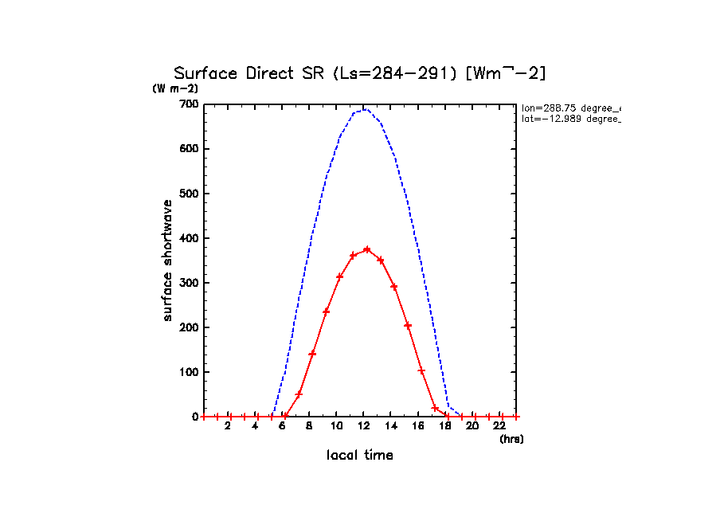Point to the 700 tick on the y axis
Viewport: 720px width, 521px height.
(189, 104)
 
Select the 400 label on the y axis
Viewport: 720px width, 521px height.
(189, 238)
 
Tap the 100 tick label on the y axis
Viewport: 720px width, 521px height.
(189, 372)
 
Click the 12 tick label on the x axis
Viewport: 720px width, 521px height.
(363, 426)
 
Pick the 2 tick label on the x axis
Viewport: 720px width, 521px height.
(228, 426)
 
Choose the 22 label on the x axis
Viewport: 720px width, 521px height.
(499, 426)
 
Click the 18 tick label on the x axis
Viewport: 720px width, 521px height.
(445, 426)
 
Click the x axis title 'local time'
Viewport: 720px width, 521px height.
(360, 455)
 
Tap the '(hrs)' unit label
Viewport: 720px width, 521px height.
(511, 439)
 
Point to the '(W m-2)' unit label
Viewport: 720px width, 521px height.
(175, 89)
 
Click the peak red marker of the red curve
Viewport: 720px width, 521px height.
(366, 249)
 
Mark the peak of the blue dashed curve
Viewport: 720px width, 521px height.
(364, 109)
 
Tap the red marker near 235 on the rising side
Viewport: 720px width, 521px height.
(326, 311)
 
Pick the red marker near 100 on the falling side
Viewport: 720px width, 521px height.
(421, 371)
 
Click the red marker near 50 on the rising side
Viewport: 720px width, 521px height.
(299, 394)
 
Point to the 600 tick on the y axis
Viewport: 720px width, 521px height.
(189, 149)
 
